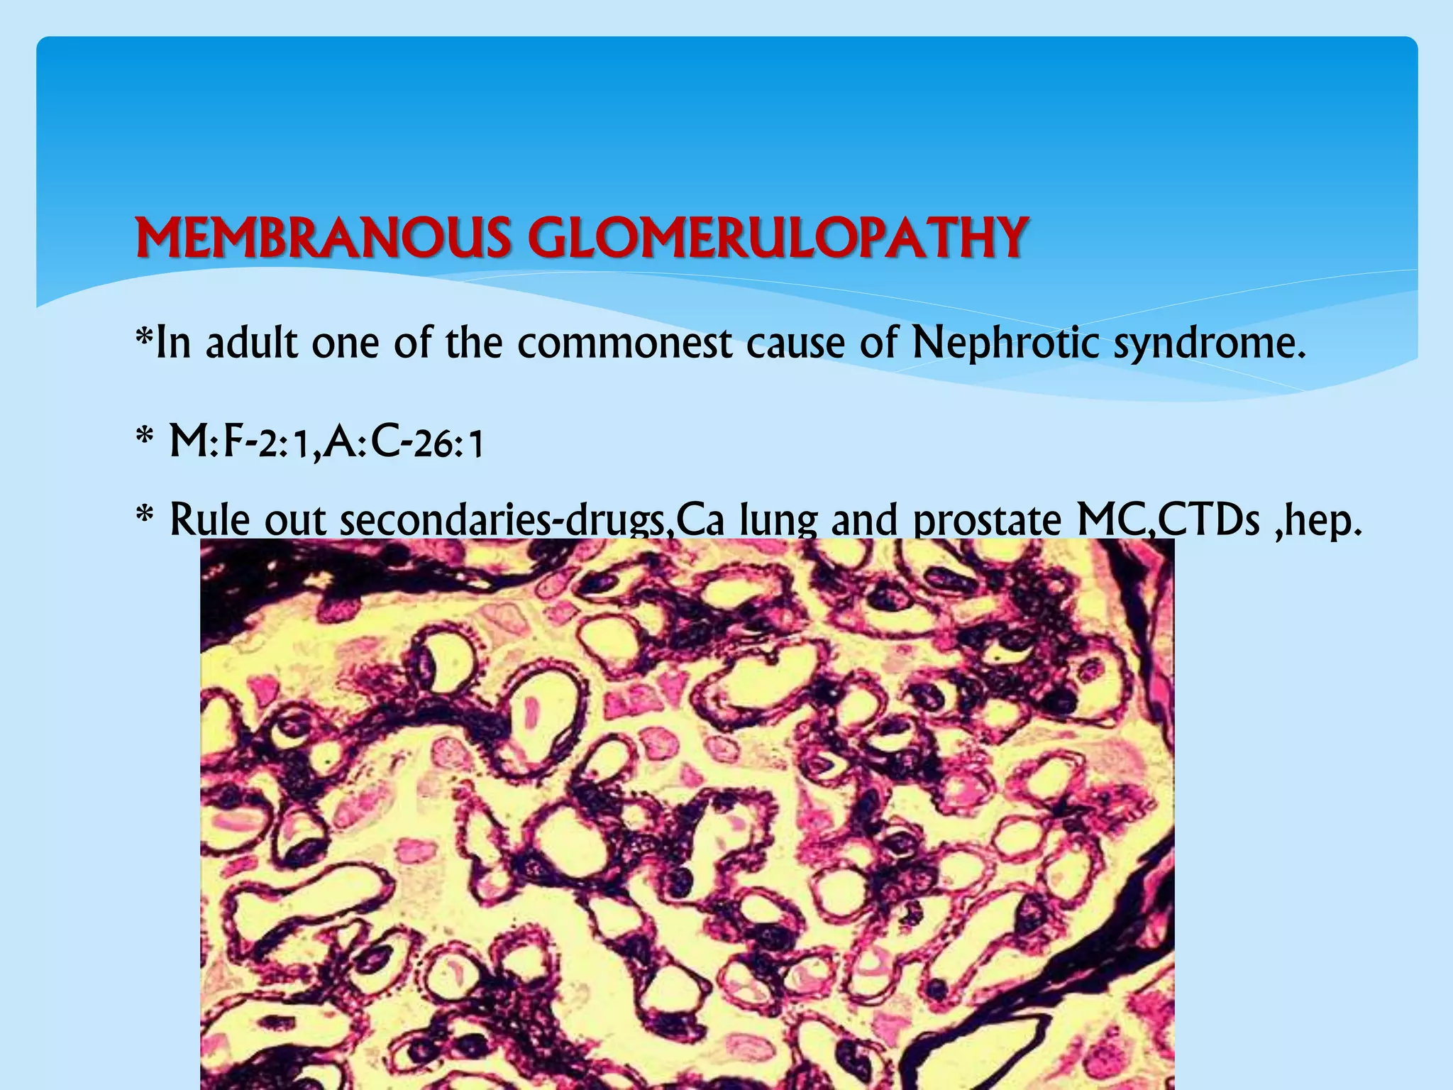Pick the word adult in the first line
(x=252, y=343)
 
